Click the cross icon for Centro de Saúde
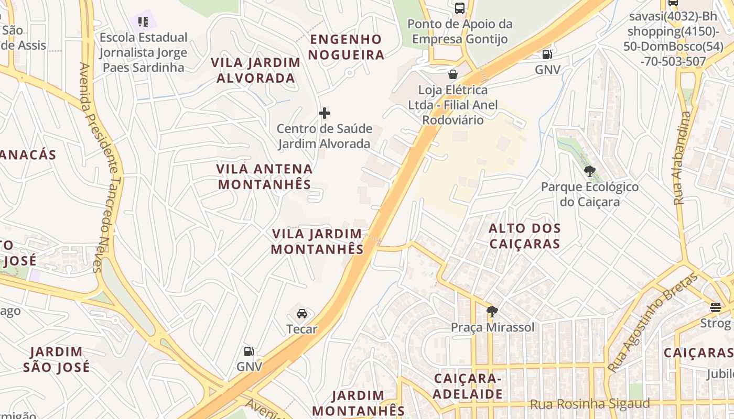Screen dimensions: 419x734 [x=325, y=113]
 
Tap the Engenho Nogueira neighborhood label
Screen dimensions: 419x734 [x=346, y=47]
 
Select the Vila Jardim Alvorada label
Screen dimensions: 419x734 [x=256, y=70]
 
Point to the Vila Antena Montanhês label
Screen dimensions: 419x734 [x=265, y=177]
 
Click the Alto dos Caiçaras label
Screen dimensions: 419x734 [x=525, y=236]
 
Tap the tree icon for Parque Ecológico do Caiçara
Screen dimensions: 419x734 [x=590, y=171]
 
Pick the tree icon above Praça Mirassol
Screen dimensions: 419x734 [x=492, y=312]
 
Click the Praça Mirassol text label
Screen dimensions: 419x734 [x=493, y=327]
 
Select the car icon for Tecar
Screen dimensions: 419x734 [x=302, y=313]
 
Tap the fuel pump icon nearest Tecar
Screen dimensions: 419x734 [x=249, y=351]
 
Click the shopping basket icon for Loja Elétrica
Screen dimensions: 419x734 [x=452, y=74]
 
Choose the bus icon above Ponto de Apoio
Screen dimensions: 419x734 [x=459, y=8]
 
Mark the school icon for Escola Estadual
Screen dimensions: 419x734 [x=143, y=21]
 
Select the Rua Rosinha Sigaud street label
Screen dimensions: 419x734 [x=590, y=404]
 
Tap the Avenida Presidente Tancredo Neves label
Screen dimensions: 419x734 [x=98, y=168]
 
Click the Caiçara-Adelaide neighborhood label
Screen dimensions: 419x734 [x=468, y=386]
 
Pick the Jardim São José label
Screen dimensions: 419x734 [x=56, y=359]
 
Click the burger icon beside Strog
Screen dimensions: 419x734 [x=716, y=306]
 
